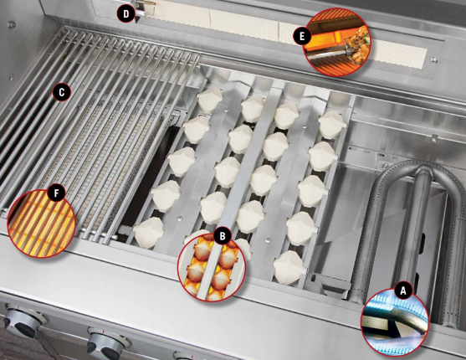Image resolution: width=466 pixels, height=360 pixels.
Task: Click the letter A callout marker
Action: (403, 290)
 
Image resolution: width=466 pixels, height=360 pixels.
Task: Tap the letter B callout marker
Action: (222, 237)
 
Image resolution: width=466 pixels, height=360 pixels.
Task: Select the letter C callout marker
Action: (60, 90)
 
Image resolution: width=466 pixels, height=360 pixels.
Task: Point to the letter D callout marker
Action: (125, 13)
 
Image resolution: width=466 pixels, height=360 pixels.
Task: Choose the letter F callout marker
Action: (56, 193)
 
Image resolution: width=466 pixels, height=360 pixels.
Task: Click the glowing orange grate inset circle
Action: (41, 219)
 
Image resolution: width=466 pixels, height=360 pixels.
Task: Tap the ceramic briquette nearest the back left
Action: (208, 100)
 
